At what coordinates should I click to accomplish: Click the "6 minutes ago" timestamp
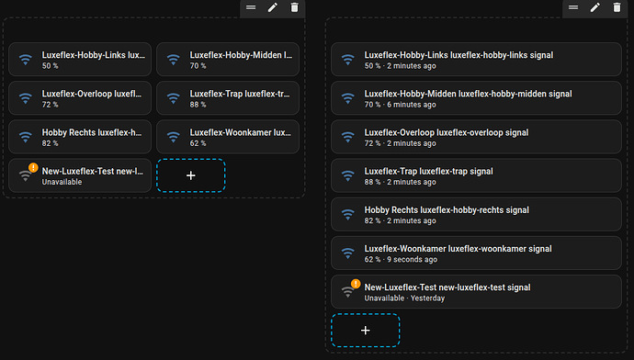(x=412, y=105)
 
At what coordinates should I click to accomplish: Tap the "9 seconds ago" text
(x=412, y=259)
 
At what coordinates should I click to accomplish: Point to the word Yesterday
(x=428, y=298)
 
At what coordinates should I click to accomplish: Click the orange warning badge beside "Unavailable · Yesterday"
(x=356, y=284)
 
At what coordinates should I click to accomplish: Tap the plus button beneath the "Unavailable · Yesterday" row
(x=366, y=330)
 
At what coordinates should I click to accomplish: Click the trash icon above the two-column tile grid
(x=294, y=7)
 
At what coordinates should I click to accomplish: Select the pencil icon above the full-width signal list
(x=594, y=7)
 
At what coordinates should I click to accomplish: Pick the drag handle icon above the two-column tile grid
(x=251, y=7)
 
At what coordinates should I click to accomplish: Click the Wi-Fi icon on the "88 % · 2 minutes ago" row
(x=347, y=175)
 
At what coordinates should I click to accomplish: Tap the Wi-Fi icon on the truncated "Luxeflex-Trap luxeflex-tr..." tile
(x=174, y=98)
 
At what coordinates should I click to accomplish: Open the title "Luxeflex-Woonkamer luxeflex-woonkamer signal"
(x=458, y=249)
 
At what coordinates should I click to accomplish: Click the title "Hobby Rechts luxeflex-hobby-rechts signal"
(x=447, y=210)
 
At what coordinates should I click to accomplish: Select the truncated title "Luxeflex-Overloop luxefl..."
(x=92, y=95)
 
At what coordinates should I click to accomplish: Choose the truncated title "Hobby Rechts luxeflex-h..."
(x=92, y=133)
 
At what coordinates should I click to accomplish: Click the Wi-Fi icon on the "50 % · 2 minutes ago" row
(x=347, y=60)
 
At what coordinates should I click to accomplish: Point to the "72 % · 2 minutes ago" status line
(x=400, y=143)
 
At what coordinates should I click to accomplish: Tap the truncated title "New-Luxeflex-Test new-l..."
(x=93, y=172)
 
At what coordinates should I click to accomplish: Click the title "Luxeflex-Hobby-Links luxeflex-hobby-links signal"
(x=459, y=55)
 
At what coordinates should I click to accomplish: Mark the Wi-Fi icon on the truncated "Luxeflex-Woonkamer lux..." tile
(x=174, y=137)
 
